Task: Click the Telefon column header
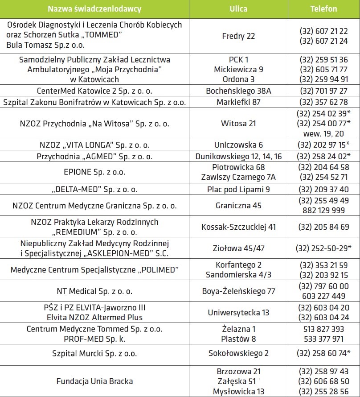click(323, 9)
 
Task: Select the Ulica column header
click(238, 9)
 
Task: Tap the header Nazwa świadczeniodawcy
click(94, 9)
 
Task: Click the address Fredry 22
click(238, 36)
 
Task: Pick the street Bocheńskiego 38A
click(238, 91)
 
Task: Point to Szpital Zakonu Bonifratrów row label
click(94, 102)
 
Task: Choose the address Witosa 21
click(238, 123)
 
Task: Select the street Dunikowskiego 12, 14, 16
click(238, 156)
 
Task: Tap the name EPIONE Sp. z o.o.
click(94, 172)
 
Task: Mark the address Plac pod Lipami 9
click(238, 189)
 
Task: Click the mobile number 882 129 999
click(323, 211)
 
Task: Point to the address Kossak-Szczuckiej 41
click(238, 227)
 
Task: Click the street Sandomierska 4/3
click(238, 275)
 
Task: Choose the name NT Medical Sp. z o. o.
click(94, 291)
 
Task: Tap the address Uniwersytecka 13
click(238, 312)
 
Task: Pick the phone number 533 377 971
click(323, 339)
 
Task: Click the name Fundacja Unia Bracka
click(94, 381)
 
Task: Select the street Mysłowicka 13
click(238, 391)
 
